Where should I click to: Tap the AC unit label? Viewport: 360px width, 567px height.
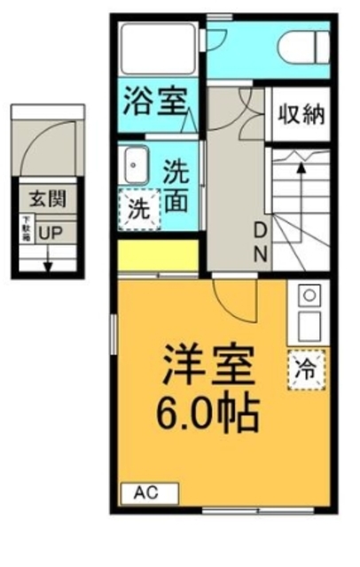[148, 493]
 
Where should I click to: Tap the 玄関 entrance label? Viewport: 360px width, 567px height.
[46, 199]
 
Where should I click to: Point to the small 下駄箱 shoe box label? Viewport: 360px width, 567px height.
[26, 229]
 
